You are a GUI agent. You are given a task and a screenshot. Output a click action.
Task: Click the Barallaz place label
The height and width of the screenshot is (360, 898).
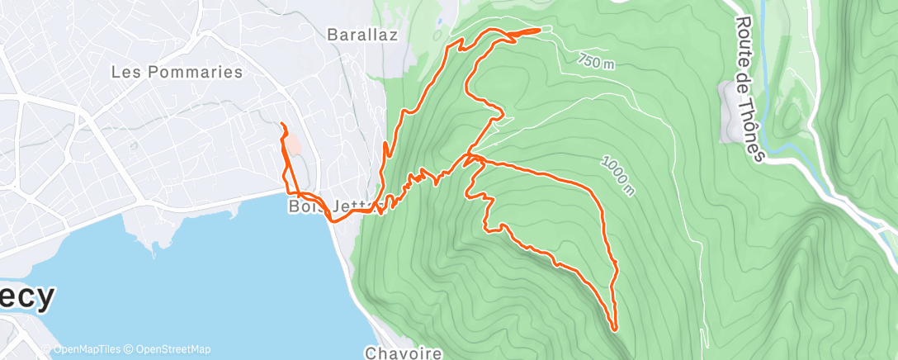click(362, 35)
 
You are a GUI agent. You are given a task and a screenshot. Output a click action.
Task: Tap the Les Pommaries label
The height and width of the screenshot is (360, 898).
click(177, 72)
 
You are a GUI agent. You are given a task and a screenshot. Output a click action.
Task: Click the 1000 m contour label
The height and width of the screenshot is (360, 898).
click(618, 177)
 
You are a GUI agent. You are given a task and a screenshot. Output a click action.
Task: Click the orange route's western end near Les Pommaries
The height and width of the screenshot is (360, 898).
click(282, 124)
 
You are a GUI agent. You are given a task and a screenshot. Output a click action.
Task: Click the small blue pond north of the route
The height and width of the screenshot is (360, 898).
click(441, 21)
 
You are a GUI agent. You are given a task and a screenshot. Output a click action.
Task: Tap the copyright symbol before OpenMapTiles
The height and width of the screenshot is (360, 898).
click(47, 349)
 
